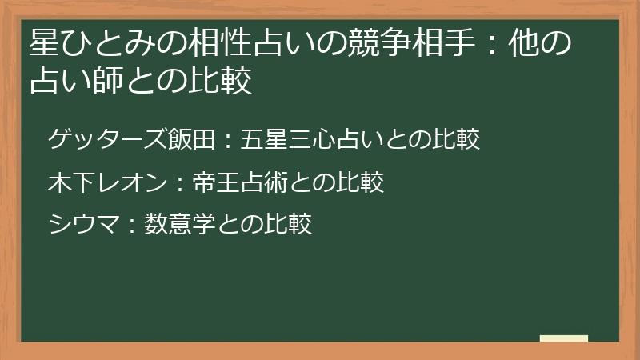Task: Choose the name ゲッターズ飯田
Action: pyautogui.click(x=132, y=141)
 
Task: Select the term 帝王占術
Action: pyautogui.click(x=240, y=183)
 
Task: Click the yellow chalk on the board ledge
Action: pyautogui.click(x=563, y=338)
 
